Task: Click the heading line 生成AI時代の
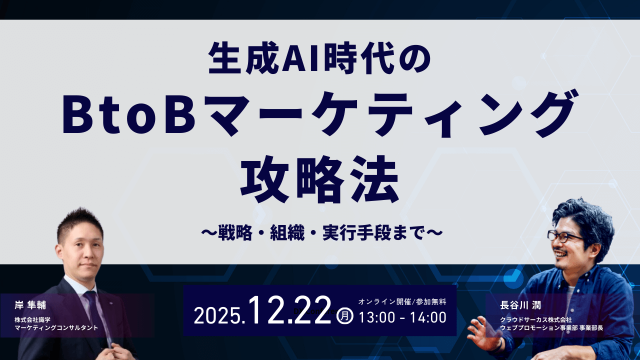[319, 59]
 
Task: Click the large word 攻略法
[319, 178]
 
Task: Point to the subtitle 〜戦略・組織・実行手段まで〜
[320, 232]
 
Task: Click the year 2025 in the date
[217, 316]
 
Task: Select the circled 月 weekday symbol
[345, 316]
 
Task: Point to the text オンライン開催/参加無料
[402, 302]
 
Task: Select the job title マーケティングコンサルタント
[56, 327]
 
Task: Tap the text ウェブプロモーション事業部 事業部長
[551, 327]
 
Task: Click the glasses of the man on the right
[565, 236]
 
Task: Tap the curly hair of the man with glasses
[585, 215]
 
